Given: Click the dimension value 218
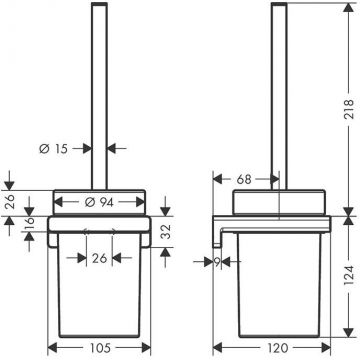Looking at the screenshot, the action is [x=349, y=109].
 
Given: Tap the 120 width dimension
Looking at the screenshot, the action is [x=277, y=348].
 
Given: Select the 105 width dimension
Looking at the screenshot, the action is [x=100, y=348].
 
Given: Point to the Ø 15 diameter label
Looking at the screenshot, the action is [x=53, y=149].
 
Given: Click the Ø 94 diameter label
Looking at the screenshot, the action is [x=99, y=202].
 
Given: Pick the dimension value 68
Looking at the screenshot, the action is [x=244, y=179].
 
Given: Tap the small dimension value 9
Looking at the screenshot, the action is [x=217, y=262].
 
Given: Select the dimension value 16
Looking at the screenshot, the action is [x=30, y=223].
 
